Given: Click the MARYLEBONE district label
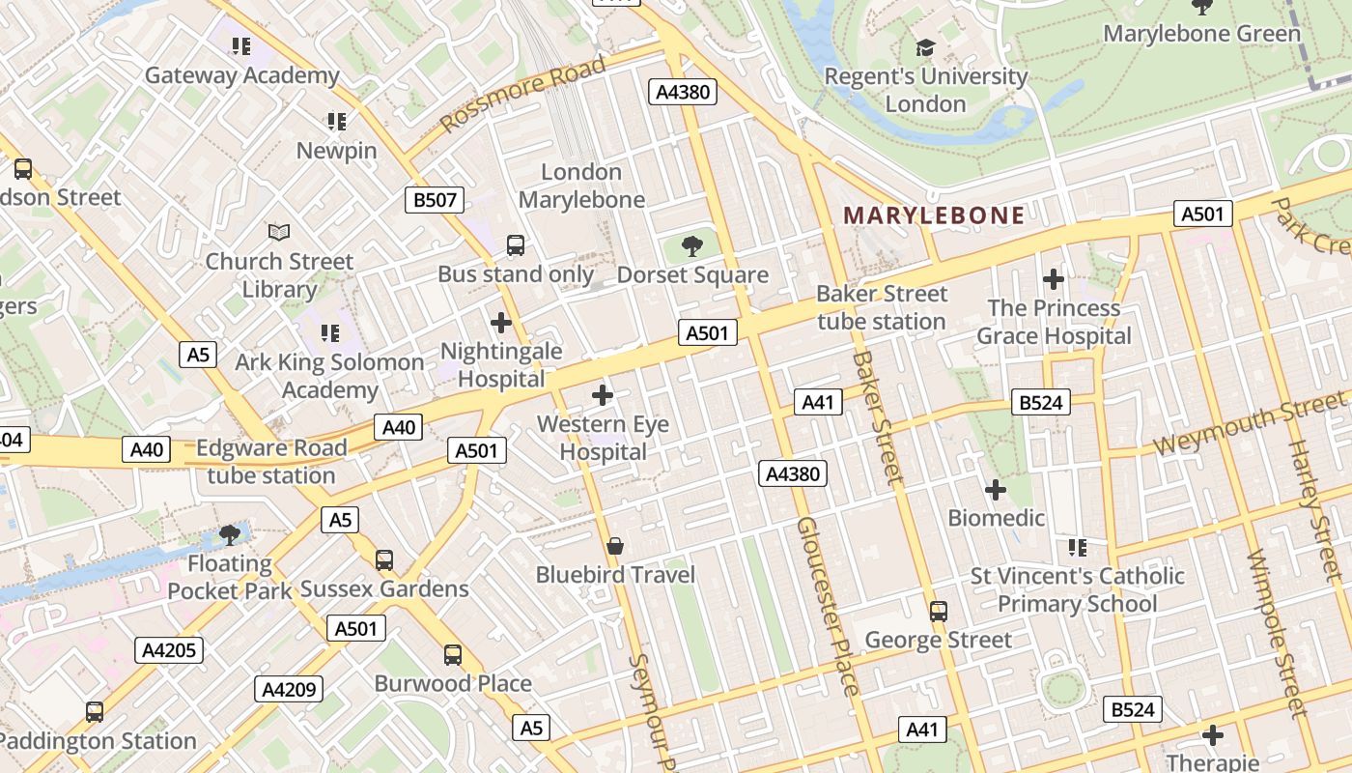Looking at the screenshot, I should [x=934, y=215].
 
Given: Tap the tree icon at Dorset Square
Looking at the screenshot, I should [x=692, y=246].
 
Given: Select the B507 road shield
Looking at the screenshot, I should [x=434, y=200].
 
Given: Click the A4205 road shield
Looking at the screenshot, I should [x=169, y=650].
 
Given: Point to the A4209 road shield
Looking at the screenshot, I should [x=289, y=689].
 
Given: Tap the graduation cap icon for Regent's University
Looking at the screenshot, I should [x=925, y=47].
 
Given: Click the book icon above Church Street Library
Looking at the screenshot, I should [x=279, y=233].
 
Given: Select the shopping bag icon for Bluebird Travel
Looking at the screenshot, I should [x=615, y=547].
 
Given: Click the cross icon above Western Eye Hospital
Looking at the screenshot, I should [x=603, y=395].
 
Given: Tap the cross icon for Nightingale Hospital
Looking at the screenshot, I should [x=500, y=323].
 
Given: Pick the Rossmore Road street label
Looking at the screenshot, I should [x=522, y=95].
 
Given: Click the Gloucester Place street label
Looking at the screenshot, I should [x=828, y=605].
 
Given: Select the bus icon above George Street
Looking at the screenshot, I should [x=938, y=612].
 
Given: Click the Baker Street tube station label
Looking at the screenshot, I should [x=882, y=307].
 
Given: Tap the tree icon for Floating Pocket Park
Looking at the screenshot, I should [x=229, y=534].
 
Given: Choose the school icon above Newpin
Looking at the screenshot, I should [x=336, y=122].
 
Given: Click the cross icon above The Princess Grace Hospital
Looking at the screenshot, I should [x=1054, y=280].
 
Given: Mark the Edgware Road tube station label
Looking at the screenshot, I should [x=271, y=462].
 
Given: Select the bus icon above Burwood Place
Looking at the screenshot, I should [x=453, y=655].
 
